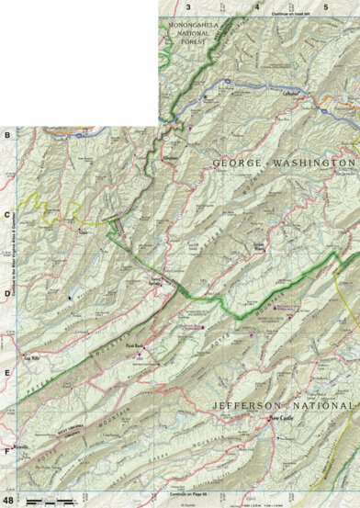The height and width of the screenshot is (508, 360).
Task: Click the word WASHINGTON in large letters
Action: (x=309, y=163)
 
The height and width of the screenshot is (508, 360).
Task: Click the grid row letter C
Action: (x=7, y=217)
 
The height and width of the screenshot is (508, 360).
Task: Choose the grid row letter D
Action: (x=7, y=294)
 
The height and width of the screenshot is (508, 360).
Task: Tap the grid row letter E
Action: (x=7, y=373)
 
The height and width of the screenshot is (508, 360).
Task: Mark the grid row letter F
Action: (x=7, y=451)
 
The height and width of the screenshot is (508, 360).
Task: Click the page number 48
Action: (x=8, y=500)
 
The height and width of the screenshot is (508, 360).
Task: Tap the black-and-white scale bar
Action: (x=51, y=500)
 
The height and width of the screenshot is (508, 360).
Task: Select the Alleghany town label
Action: (x=170, y=157)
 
